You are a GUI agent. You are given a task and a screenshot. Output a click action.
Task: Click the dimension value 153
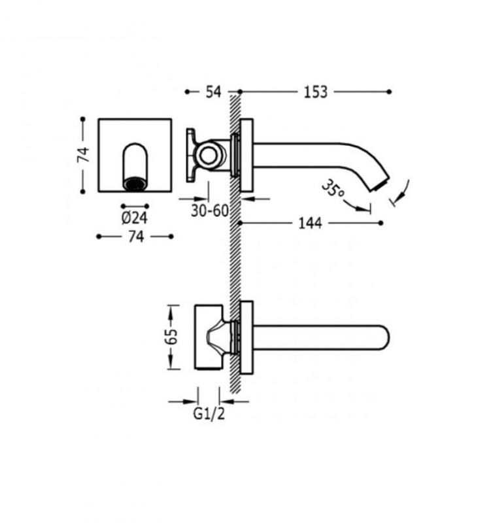(x=315, y=92)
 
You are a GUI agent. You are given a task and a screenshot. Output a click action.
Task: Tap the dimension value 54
(x=213, y=92)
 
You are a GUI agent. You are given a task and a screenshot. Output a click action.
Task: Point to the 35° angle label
(x=333, y=190)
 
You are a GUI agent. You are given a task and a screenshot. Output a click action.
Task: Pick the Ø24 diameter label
(x=135, y=218)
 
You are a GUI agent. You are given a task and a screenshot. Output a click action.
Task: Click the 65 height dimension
(x=171, y=337)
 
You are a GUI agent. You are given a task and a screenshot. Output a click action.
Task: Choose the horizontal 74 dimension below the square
(x=135, y=237)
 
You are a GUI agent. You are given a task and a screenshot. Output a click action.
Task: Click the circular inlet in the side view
(x=211, y=156)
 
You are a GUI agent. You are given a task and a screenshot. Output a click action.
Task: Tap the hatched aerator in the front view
(x=135, y=184)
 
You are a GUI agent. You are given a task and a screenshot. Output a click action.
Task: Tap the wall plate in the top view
(x=246, y=337)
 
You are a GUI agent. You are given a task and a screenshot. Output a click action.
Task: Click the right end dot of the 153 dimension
(x=390, y=92)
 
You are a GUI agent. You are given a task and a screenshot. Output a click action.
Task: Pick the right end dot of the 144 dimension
(x=381, y=224)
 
